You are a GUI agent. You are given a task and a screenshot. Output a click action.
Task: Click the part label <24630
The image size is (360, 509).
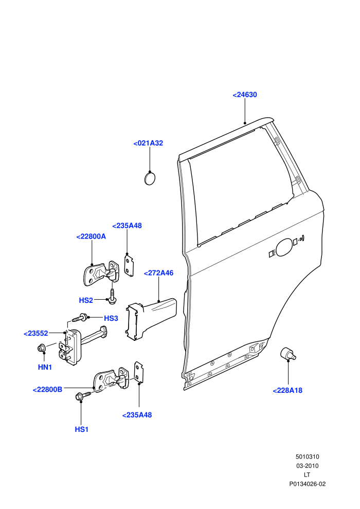(245, 95)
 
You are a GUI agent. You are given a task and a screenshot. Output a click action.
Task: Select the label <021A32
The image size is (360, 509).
(148, 143)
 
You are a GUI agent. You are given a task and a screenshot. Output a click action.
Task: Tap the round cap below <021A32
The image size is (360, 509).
(150, 178)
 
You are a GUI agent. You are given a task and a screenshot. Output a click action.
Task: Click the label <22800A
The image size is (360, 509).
(91, 237)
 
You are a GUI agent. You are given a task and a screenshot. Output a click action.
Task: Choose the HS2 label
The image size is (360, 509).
(86, 301)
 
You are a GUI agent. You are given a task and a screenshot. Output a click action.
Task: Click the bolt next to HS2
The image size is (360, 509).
(112, 297)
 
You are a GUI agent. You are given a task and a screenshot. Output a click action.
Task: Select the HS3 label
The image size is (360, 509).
(111, 318)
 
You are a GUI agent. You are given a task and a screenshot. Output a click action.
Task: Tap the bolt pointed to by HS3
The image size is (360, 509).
(80, 318)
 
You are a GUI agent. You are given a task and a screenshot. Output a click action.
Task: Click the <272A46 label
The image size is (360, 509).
(158, 273)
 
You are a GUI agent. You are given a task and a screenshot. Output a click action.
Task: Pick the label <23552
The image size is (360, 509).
(35, 333)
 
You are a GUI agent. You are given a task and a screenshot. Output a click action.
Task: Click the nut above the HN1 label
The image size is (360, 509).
(41, 348)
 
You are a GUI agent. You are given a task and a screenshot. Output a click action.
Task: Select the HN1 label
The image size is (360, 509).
(45, 367)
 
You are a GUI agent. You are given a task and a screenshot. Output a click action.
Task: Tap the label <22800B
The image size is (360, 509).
(47, 390)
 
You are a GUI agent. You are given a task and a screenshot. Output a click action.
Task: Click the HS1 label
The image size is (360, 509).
(81, 429)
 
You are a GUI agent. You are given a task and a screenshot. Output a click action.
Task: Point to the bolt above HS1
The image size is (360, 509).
(82, 396)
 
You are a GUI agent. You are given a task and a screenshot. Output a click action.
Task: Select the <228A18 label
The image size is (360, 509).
(287, 391)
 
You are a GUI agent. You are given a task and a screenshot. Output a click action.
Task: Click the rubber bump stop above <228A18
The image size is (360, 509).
(288, 354)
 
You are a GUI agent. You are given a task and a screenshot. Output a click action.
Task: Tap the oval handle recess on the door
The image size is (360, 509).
(284, 247)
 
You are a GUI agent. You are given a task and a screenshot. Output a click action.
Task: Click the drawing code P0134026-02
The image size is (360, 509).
(308, 484)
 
